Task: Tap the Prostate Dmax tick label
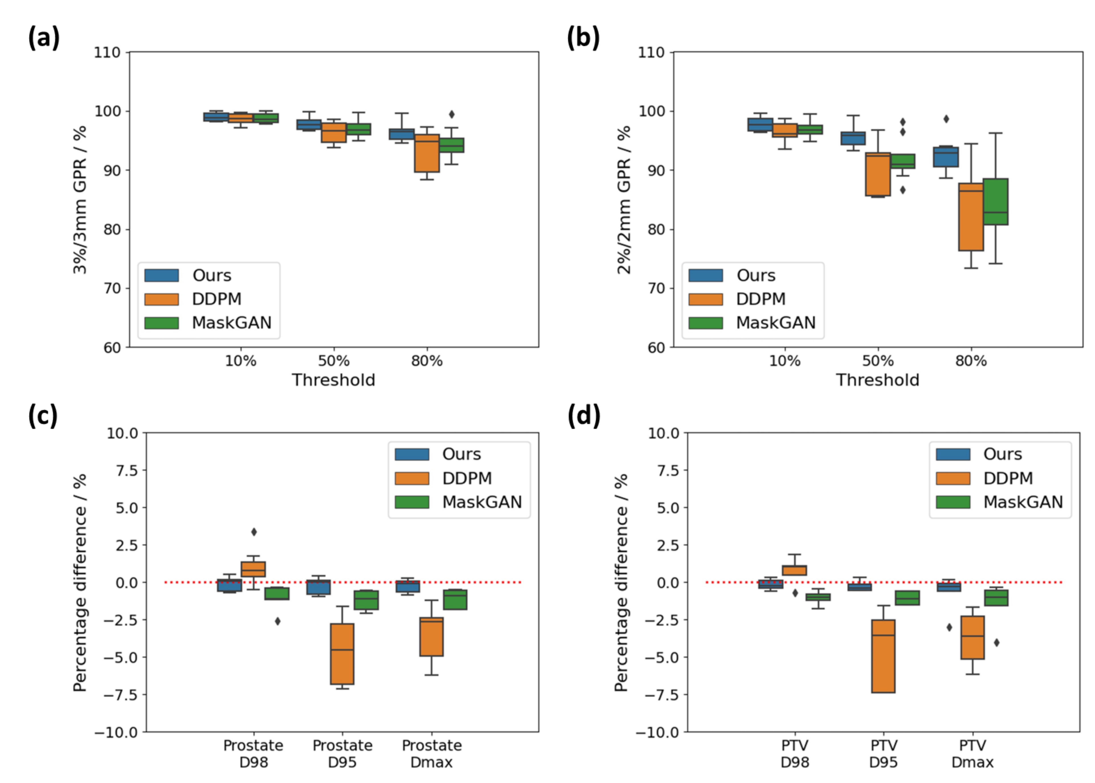tap(431, 754)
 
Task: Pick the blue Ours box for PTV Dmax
tap(948, 586)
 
